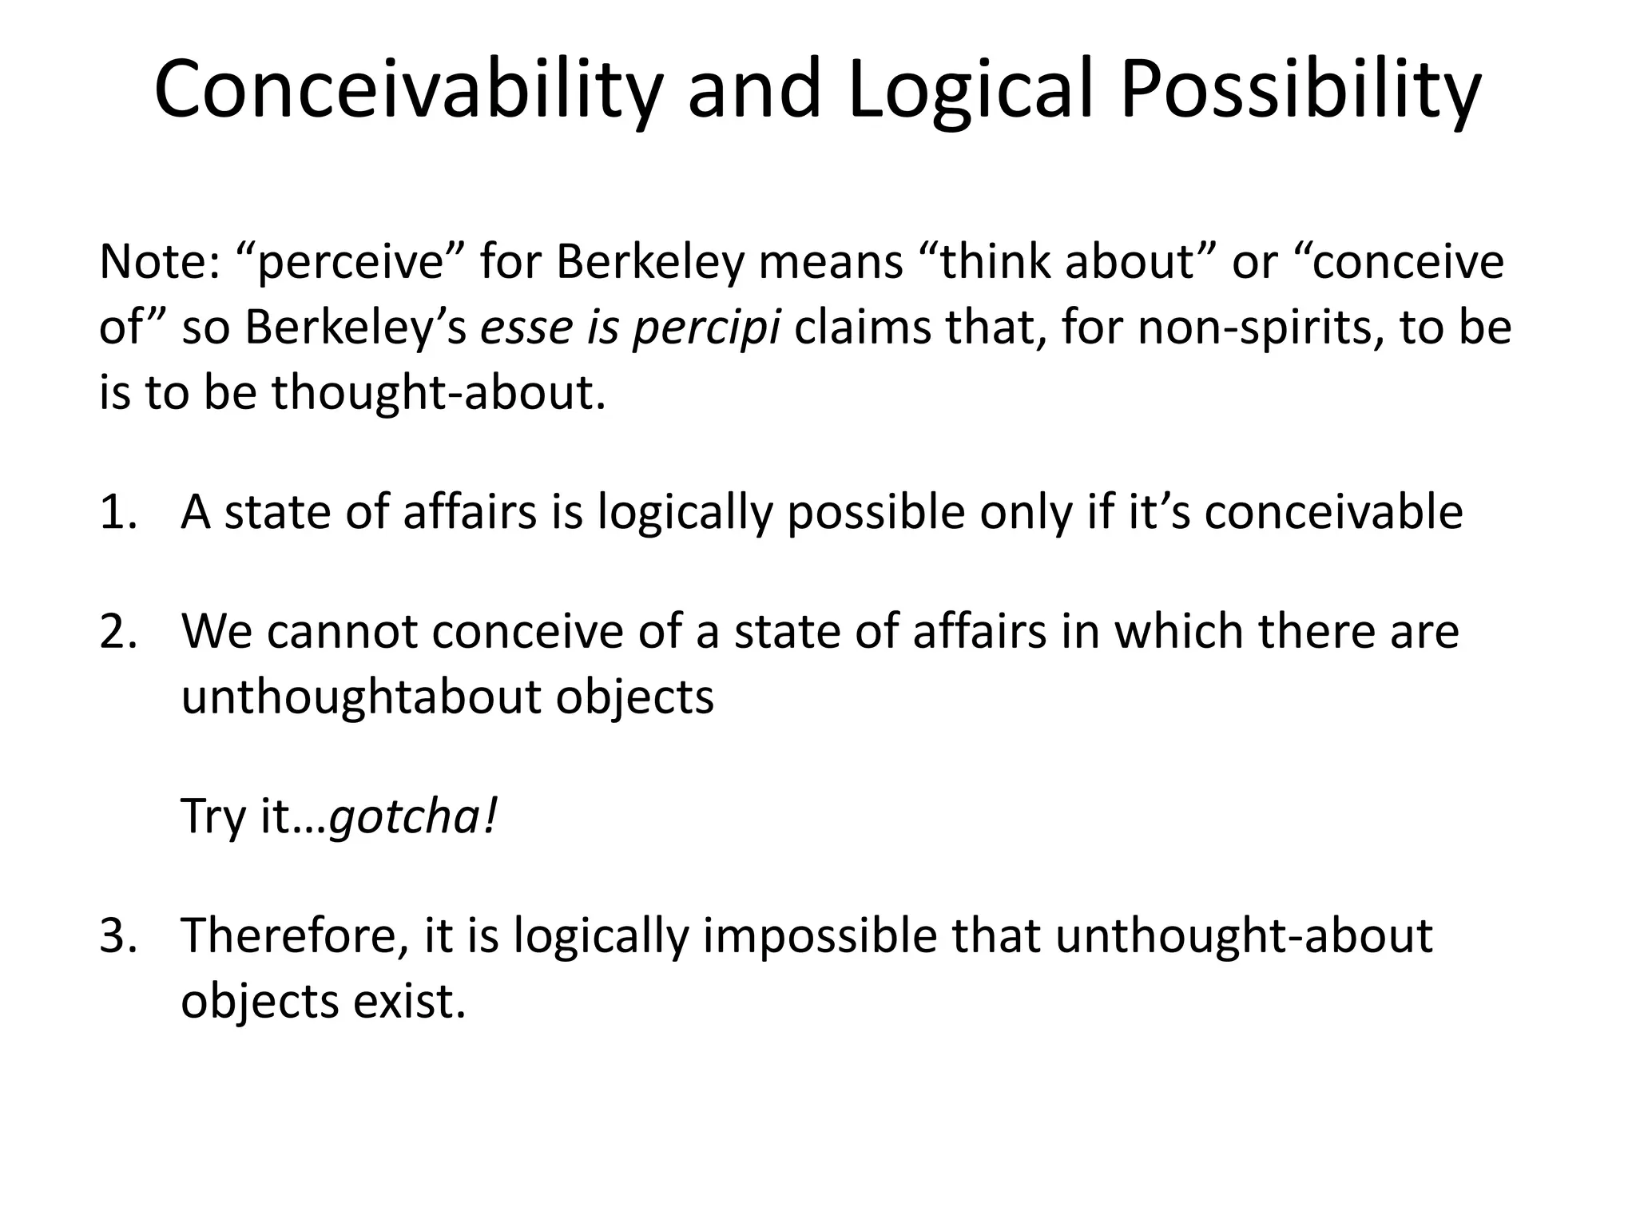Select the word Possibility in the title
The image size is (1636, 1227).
click(1300, 89)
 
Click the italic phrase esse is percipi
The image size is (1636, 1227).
click(629, 328)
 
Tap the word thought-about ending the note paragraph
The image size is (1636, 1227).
click(438, 393)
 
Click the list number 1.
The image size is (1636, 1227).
click(117, 512)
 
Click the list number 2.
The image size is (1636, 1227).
click(117, 631)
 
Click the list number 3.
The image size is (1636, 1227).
click(117, 935)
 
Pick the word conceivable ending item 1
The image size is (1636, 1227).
click(1333, 512)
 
